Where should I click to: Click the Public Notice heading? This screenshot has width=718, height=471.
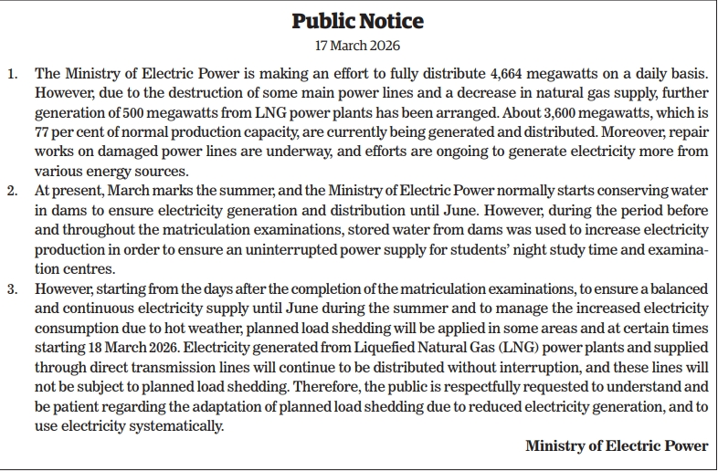[x=358, y=21]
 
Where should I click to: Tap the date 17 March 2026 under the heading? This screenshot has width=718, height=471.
[x=358, y=45]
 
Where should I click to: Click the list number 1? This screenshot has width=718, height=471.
[x=12, y=72]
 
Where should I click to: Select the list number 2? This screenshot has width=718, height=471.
[x=12, y=191]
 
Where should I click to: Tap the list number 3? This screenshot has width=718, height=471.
[x=12, y=289]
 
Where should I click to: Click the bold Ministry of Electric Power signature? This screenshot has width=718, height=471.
[x=617, y=445]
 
